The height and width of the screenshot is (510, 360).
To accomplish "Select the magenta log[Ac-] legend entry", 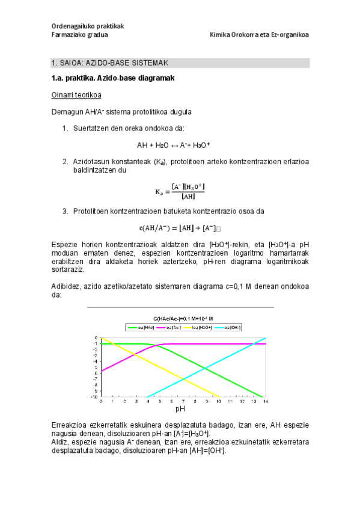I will pos(171,327).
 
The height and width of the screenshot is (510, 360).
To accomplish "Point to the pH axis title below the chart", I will pos(180,410).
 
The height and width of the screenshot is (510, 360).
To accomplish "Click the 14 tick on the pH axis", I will pos(265,401).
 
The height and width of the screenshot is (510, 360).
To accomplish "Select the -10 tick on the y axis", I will pos(94,397).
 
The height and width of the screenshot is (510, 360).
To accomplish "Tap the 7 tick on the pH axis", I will pos(183,401).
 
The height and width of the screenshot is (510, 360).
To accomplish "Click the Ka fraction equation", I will pos(180,191).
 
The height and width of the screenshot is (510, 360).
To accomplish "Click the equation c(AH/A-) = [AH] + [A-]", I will pos(180,227).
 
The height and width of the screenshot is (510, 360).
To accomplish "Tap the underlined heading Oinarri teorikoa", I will pos(76,95).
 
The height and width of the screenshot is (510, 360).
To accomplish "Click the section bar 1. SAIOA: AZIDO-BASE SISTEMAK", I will pos(180,63).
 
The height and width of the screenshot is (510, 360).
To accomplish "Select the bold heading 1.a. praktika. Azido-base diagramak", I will pos(112,78).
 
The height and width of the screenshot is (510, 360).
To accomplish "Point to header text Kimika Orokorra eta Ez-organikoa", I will pos(259,35).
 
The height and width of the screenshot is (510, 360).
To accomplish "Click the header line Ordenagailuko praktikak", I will pos(87,26).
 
